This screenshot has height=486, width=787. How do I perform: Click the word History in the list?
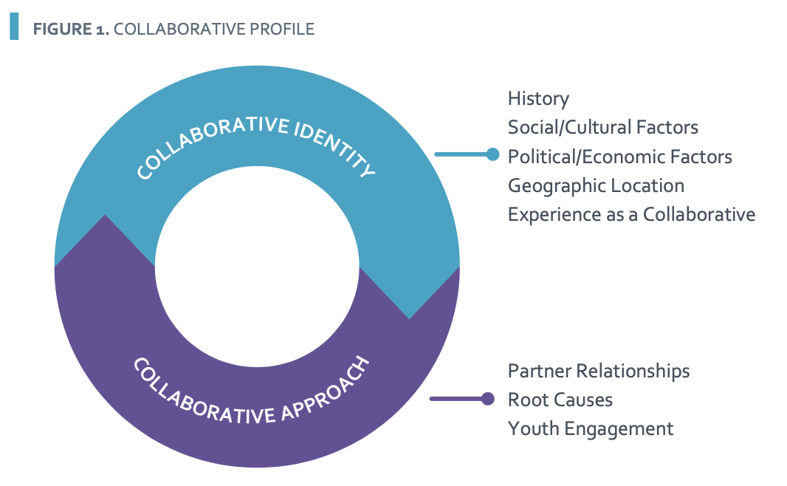click(538, 99)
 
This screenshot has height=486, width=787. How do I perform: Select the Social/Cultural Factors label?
click(602, 128)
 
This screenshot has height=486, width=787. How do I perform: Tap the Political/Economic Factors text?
click(620, 157)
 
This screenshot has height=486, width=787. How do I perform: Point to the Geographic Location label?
click(596, 186)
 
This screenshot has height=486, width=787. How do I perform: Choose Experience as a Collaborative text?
click(631, 215)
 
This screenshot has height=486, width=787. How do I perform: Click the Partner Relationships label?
click(599, 371)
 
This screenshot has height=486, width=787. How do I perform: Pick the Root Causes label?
click(560, 400)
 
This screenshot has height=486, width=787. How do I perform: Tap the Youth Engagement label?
click(591, 429)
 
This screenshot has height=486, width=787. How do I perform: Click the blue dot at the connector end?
click(493, 154)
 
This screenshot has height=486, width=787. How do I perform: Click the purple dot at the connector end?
click(488, 399)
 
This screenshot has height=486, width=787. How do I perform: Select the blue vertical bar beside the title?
click(14, 26)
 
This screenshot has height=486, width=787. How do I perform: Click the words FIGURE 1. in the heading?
click(71, 29)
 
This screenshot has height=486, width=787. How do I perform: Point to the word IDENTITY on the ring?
click(334, 148)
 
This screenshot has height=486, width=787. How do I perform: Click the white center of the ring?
click(257, 266)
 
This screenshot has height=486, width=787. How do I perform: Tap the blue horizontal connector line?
click(461, 154)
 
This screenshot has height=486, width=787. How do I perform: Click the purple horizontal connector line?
click(456, 399)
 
